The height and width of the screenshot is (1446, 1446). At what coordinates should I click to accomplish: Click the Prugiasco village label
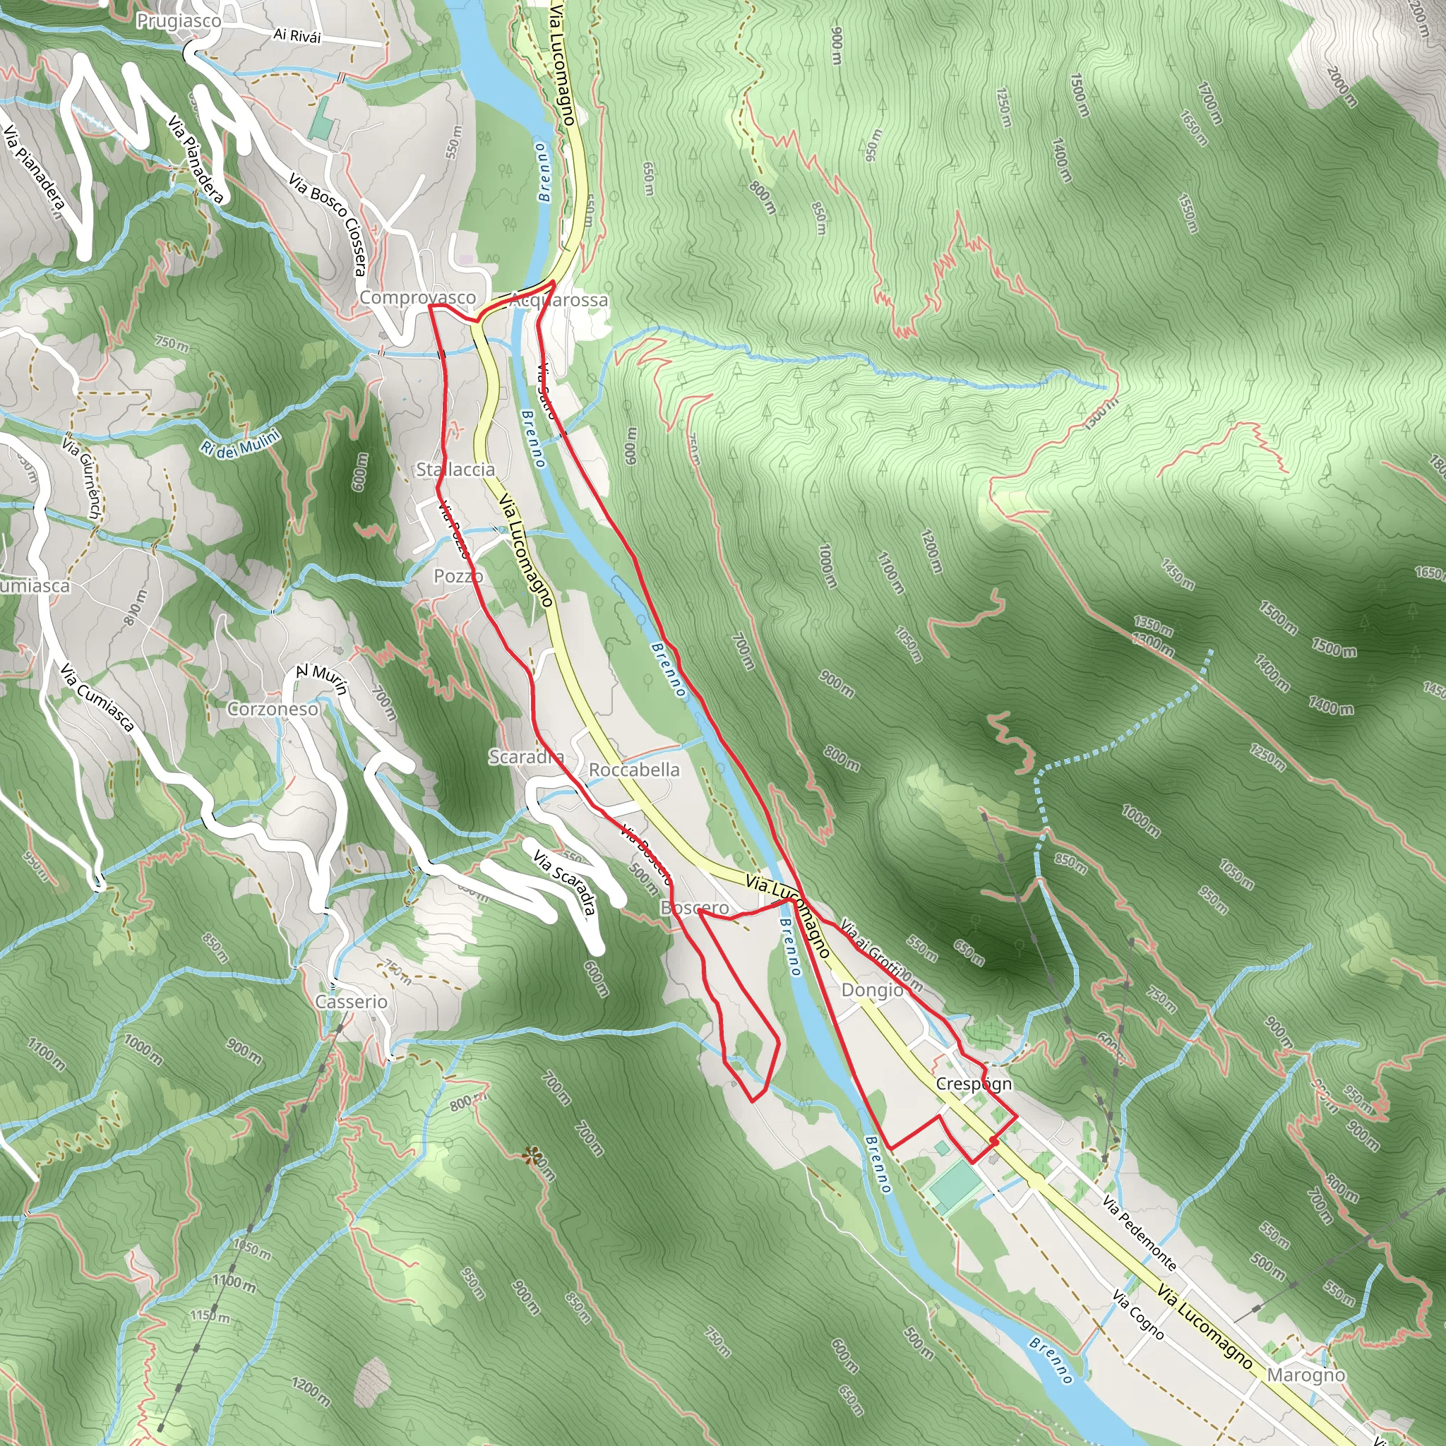(178, 21)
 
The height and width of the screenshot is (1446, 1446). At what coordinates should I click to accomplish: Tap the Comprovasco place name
(418, 298)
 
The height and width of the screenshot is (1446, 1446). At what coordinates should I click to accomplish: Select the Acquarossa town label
(558, 300)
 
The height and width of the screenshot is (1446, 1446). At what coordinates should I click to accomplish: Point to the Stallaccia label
(455, 470)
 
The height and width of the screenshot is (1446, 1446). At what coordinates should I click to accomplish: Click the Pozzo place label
(458, 575)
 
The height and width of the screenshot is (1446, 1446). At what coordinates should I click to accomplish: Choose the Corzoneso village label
(273, 709)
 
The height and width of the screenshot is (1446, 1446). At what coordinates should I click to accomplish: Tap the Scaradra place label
(526, 757)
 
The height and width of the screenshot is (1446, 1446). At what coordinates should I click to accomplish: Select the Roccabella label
(634, 770)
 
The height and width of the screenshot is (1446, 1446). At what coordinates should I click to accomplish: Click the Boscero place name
(694, 908)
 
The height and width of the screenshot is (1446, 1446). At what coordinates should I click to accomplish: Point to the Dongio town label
(872, 990)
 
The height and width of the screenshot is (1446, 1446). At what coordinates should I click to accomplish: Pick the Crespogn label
(974, 1084)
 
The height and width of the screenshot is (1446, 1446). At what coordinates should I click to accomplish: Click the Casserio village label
(351, 1001)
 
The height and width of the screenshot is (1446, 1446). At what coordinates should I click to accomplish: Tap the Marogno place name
(1306, 1375)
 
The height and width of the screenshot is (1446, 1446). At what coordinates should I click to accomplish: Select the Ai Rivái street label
(297, 35)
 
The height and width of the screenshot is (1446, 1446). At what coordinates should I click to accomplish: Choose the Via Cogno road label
(1137, 1314)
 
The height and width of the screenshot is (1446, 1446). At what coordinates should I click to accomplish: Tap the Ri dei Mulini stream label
(240, 441)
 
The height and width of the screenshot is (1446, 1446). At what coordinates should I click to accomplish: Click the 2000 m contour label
(1342, 87)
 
